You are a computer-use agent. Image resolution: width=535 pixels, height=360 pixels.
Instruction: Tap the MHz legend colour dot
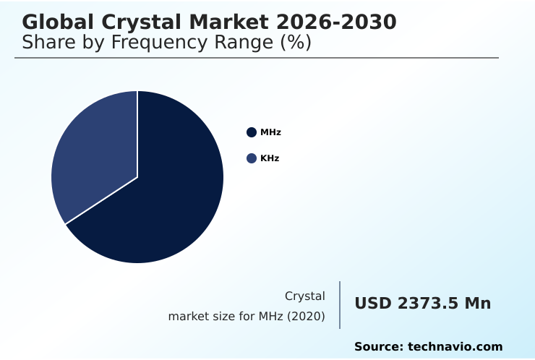point(252,132)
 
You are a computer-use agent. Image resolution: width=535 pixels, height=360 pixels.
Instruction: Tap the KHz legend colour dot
point(252,158)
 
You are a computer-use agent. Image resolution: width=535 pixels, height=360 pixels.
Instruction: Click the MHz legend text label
point(270,132)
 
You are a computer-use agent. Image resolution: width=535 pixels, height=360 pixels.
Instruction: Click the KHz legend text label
point(270,158)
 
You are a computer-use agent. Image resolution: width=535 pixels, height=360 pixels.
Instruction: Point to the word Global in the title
point(54,22)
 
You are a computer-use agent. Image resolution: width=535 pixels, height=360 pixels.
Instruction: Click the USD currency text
point(370,304)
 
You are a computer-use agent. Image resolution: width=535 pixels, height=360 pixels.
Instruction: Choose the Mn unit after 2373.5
point(477,304)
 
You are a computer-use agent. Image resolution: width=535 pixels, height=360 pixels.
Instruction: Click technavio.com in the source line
point(455,347)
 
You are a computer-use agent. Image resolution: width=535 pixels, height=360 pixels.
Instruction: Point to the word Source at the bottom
point(378,347)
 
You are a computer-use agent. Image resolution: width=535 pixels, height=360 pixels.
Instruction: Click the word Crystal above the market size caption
point(304,296)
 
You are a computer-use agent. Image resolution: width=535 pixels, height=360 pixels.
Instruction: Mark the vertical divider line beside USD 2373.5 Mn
point(340,305)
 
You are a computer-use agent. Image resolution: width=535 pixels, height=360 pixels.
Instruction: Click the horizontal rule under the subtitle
point(257,58)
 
